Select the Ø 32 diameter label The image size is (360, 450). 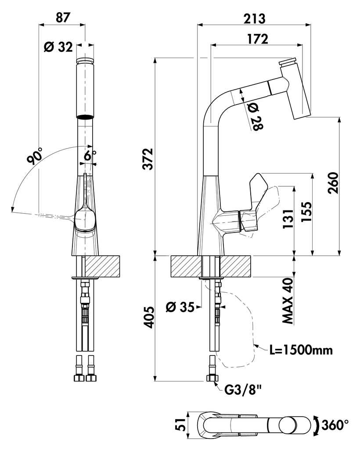[x=58, y=47]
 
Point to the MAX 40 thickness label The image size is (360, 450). [x=288, y=301]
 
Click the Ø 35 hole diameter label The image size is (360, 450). [x=180, y=307]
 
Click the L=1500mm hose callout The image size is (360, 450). [x=301, y=350]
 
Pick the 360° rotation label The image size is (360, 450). [x=335, y=425]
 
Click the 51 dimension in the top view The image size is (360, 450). [x=179, y=425]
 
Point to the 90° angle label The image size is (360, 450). [x=34, y=156]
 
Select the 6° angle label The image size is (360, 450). [x=90, y=155]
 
